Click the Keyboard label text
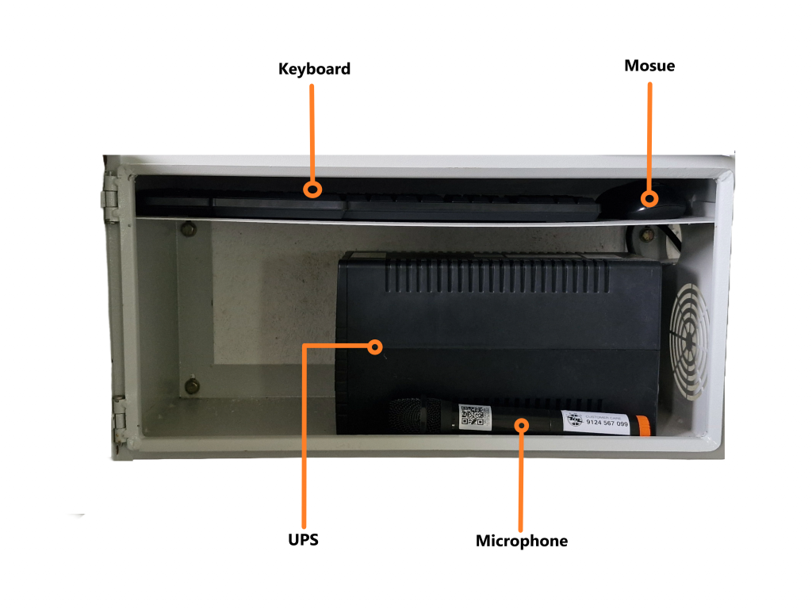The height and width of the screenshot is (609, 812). click(314, 69)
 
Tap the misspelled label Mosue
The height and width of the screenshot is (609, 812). click(649, 66)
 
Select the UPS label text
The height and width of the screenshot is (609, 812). click(303, 540)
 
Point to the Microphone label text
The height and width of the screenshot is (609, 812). click(521, 541)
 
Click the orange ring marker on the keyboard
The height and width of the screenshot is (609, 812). click(314, 190)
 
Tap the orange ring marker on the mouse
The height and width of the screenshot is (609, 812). click(650, 198)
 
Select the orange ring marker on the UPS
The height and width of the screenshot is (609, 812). click(376, 347)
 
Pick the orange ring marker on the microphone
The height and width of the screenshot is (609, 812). click(521, 424)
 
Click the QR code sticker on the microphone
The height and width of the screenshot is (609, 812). click(473, 416)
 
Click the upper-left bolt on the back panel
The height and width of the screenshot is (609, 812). click(188, 230)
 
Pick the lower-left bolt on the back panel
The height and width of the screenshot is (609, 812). click(192, 386)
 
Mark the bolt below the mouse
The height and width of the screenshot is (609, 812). click(647, 235)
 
